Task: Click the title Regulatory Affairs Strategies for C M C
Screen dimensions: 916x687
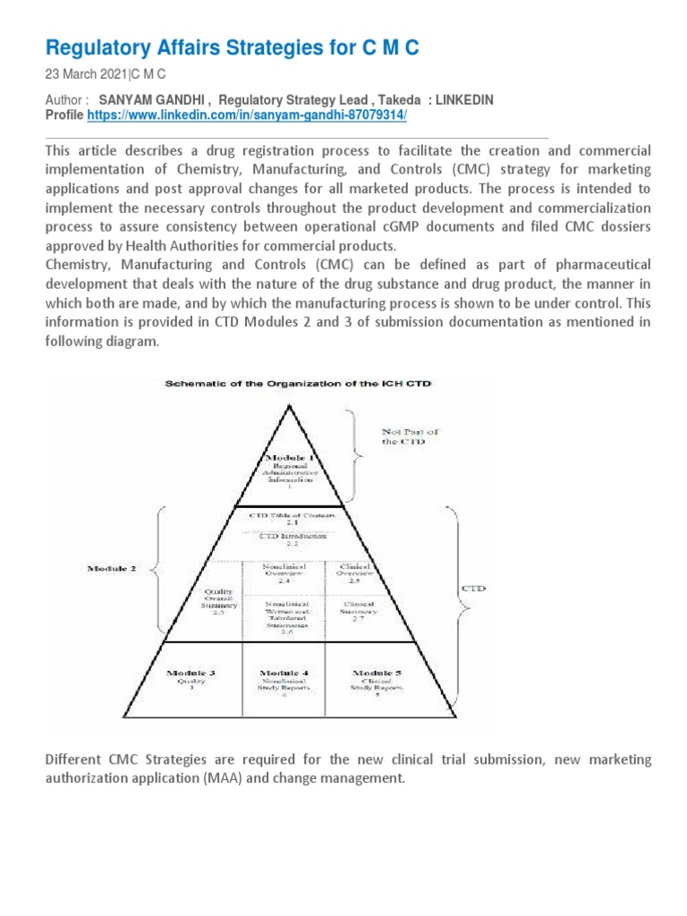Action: click(x=232, y=48)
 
